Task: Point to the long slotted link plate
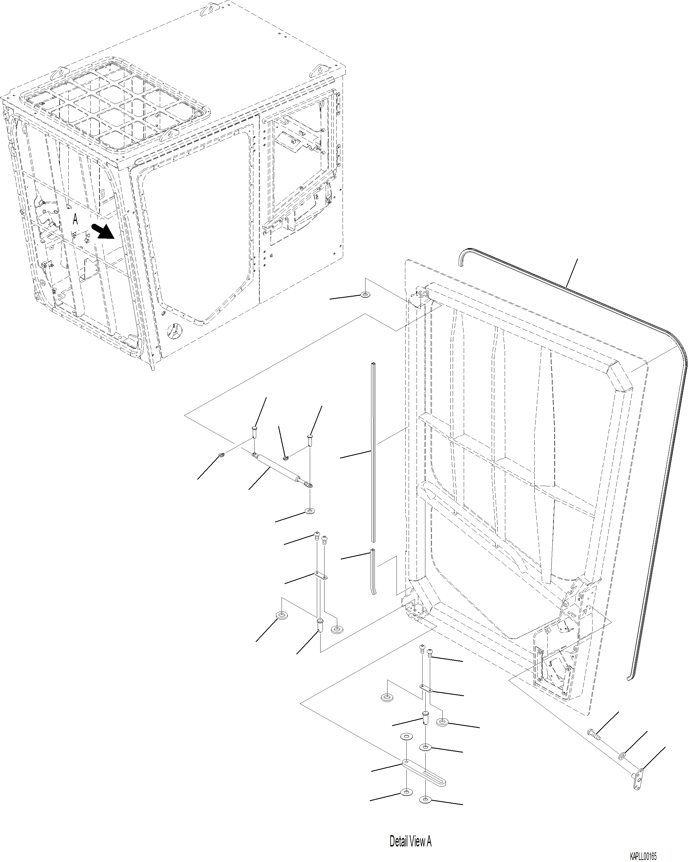point(424,774)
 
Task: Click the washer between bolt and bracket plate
point(622,755)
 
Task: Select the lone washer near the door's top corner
point(365,295)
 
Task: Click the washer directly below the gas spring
point(310,511)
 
